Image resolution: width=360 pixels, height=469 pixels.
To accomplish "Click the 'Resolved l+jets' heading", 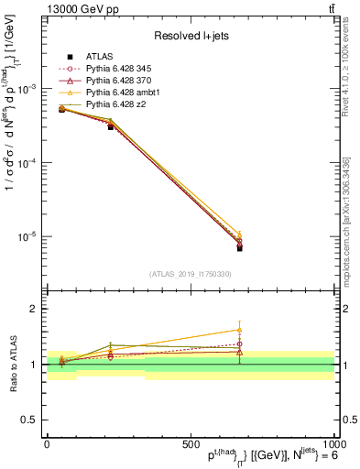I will pyautogui.click(x=190, y=36).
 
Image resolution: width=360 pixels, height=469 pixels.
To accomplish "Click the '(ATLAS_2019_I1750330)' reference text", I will pyautogui.click(x=190, y=273).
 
